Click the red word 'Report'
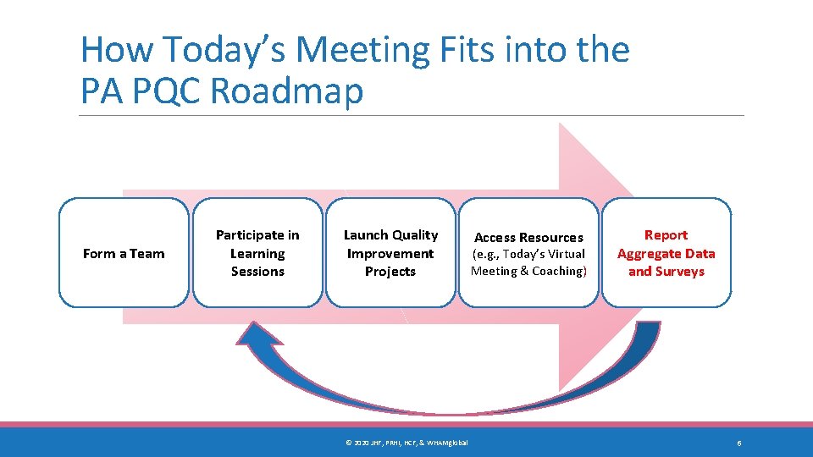coord(666,235)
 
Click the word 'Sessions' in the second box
coord(257,272)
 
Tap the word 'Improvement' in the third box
coord(390,254)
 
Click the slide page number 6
coord(739,443)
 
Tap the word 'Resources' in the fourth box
coord(550,238)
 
